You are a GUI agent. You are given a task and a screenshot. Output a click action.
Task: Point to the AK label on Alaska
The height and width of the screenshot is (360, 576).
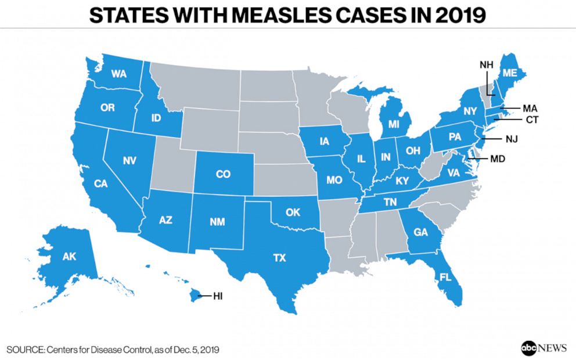pyautogui.click(x=69, y=256)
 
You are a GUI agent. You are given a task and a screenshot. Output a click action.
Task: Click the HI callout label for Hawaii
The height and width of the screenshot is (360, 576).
pyautogui.click(x=218, y=296)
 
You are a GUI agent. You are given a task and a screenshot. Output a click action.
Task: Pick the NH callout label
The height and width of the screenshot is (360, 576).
pyautogui.click(x=487, y=64)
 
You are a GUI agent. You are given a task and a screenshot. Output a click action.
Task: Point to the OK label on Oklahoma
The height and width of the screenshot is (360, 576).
pyautogui.click(x=293, y=213)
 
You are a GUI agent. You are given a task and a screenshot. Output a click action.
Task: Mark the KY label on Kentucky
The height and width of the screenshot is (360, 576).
pyautogui.click(x=402, y=181)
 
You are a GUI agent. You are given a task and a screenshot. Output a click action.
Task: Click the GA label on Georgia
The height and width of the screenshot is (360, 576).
pyautogui.click(x=421, y=233)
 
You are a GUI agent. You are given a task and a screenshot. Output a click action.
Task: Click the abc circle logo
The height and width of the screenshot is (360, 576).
pyautogui.click(x=529, y=347)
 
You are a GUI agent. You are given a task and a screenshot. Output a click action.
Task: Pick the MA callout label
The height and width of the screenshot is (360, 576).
pyautogui.click(x=530, y=108)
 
